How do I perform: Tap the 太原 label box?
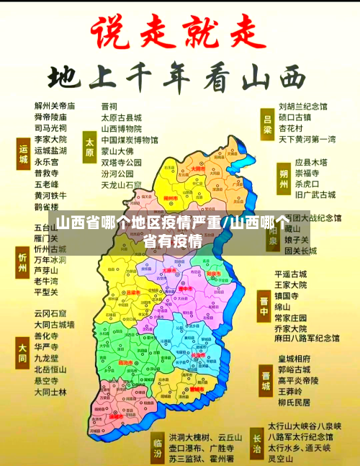point(89,145)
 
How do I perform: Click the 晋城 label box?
point(266,378)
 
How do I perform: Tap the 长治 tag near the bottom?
point(256,442)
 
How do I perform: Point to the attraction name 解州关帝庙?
point(55,107)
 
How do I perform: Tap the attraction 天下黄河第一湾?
point(307,138)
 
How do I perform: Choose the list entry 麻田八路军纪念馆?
point(307,338)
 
